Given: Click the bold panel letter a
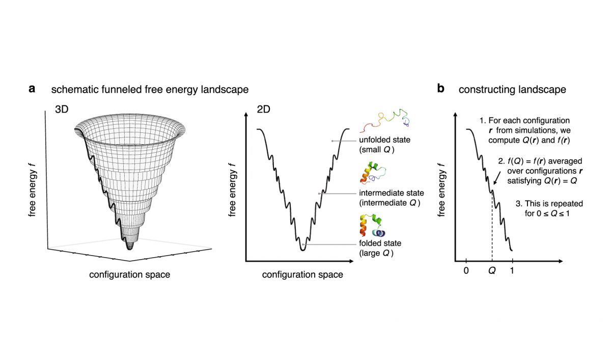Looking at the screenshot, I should coord(32,89).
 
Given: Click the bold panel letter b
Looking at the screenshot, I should coord(440,89).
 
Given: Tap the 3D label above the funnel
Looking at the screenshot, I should coord(64,109).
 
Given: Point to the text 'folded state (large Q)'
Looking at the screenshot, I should coord(377,248).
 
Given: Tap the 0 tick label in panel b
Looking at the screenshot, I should coord(465,270).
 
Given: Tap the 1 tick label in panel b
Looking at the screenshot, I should coord(512,270).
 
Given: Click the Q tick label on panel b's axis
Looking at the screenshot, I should coord(492,271).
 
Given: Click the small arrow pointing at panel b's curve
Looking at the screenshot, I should coord(496,178).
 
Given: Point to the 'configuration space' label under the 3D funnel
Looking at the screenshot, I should coord(129,275).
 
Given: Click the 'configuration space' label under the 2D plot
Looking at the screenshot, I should coord(302,275).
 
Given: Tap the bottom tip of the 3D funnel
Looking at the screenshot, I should coord(129,248).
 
